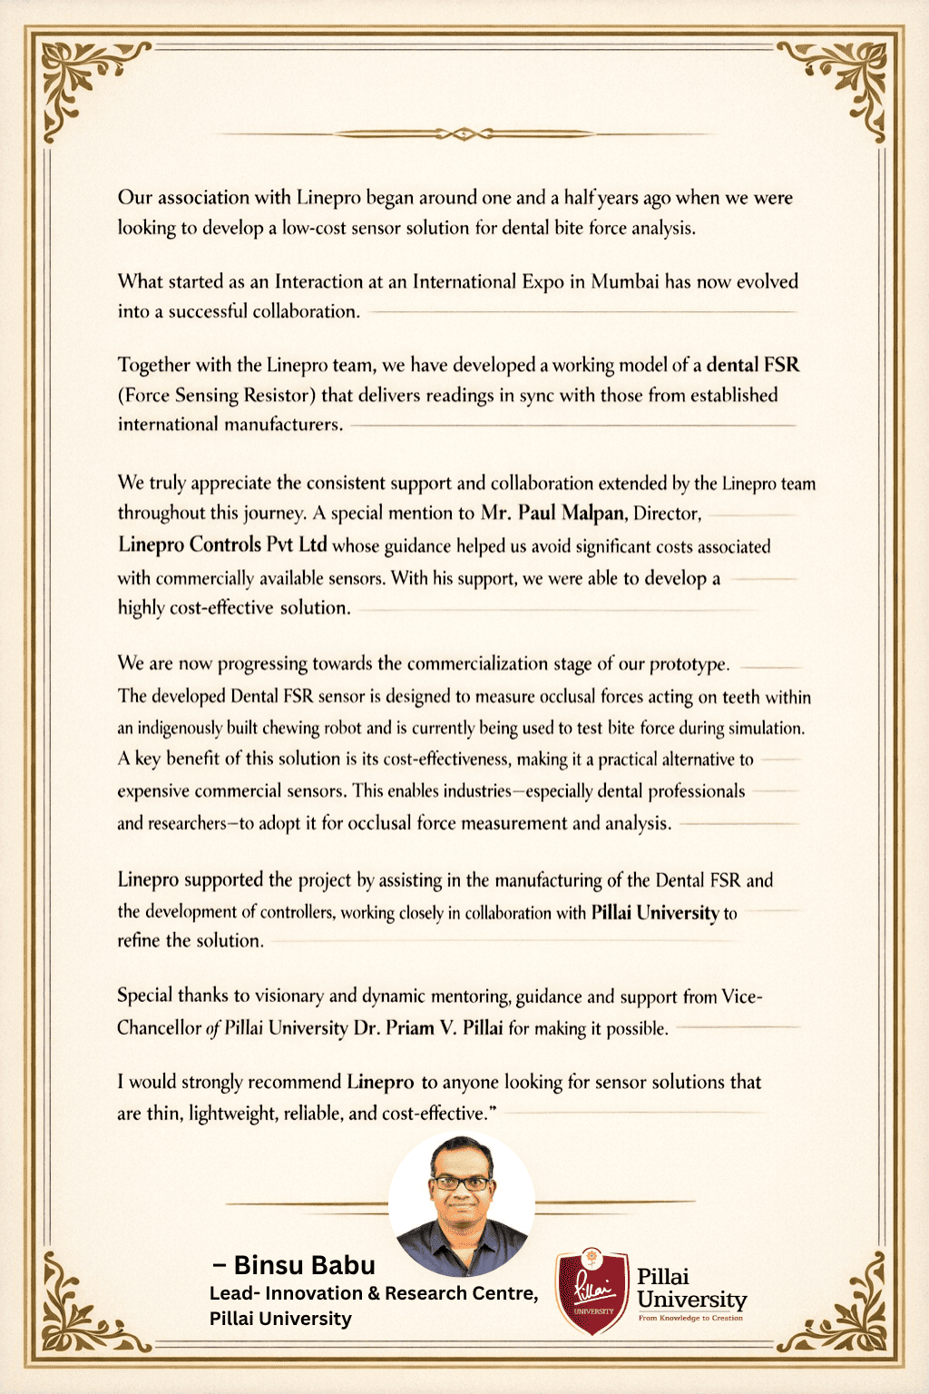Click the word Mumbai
click(x=625, y=281)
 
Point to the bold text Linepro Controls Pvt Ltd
click(x=222, y=545)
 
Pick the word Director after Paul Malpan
click(x=667, y=514)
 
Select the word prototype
click(x=689, y=664)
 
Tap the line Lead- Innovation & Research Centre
click(x=373, y=1293)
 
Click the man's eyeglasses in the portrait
click(x=461, y=1183)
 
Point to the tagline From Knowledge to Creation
click(x=690, y=1318)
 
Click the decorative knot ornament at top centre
click(x=464, y=134)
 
